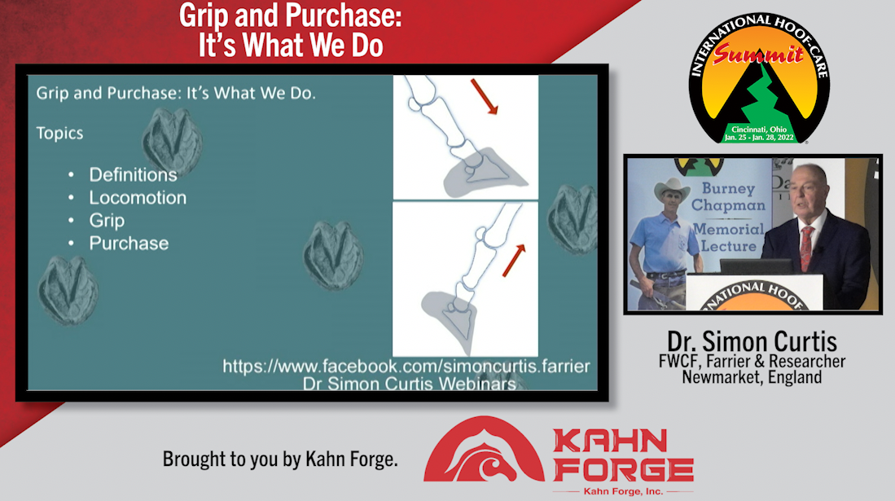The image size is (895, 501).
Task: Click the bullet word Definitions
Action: [133, 175]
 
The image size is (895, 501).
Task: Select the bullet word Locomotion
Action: [138, 198]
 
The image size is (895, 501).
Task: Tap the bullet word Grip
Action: [107, 221]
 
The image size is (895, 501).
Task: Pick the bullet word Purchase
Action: [129, 244]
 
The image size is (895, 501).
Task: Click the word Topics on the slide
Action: [59, 134]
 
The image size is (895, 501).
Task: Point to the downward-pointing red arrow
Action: [484, 97]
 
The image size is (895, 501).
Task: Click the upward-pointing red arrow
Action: [514, 261]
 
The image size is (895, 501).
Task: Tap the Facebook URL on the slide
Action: [406, 367]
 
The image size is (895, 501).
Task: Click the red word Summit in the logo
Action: [758, 54]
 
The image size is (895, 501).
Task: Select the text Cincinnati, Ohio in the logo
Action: [759, 129]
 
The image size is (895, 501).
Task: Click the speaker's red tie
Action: [806, 248]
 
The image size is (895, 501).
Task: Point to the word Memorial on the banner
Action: [728, 229]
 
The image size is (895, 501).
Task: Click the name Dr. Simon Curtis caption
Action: [752, 341]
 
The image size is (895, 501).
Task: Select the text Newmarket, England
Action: [752, 377]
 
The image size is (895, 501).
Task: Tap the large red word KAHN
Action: [610, 441]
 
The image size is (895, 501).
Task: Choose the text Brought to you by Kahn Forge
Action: [280, 459]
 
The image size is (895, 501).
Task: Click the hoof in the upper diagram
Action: [485, 171]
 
